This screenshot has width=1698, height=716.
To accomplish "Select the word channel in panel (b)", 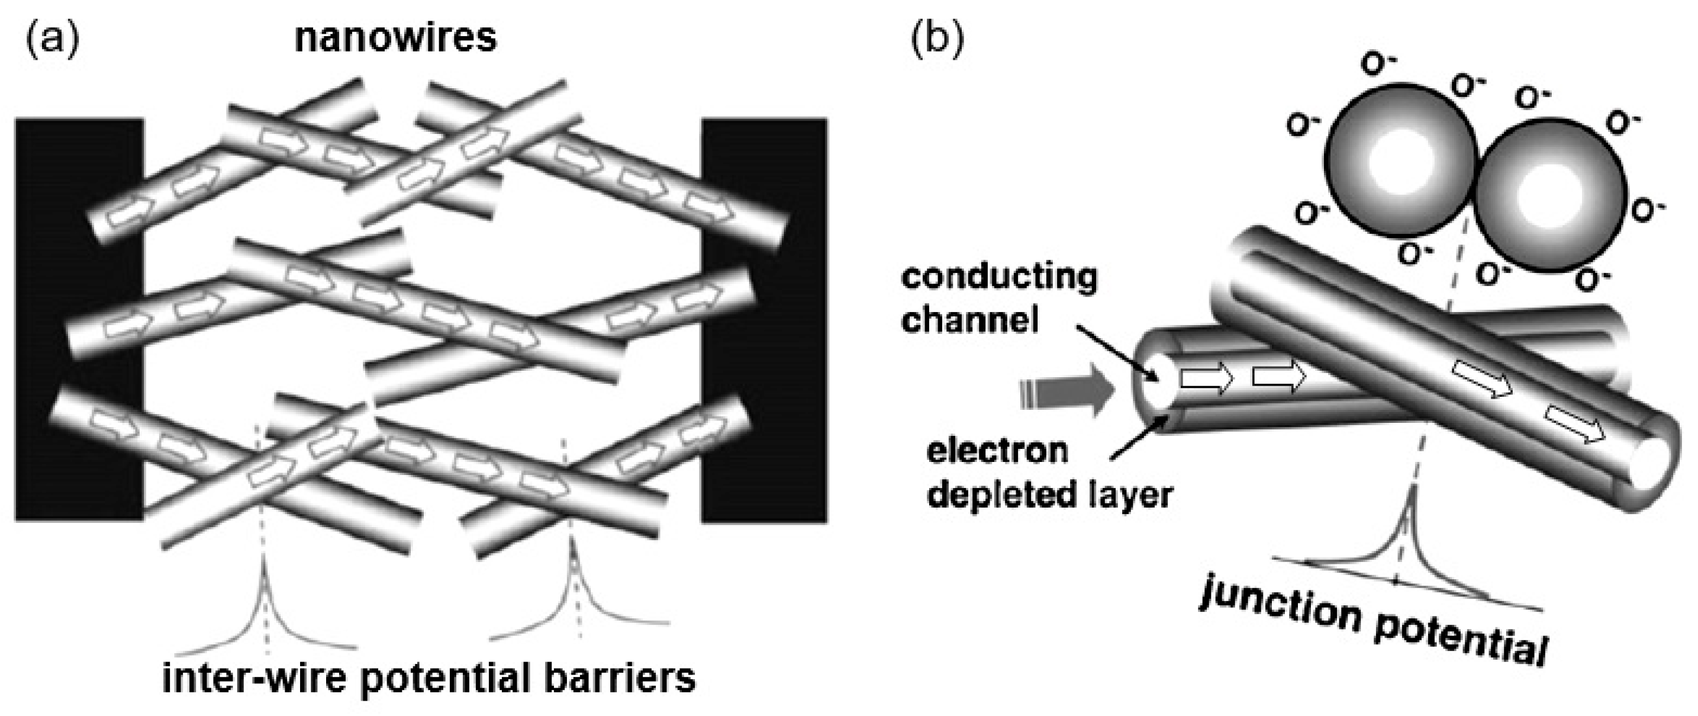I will point(969,321).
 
